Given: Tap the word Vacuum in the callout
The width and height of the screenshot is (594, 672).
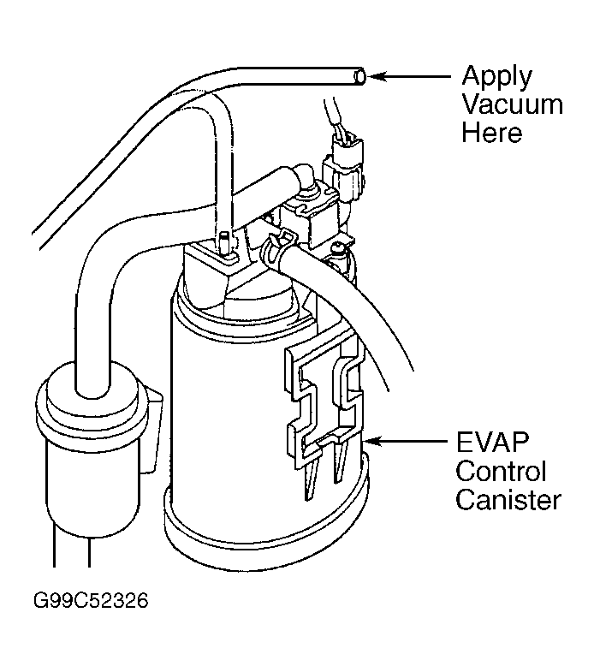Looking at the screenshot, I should click(513, 105).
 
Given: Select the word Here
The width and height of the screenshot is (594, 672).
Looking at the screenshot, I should click(492, 133).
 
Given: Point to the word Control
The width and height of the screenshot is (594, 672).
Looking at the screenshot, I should click(501, 473).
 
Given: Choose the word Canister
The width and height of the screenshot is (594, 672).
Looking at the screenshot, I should click(508, 500).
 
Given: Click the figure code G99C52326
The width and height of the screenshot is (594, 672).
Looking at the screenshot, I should click(92, 601).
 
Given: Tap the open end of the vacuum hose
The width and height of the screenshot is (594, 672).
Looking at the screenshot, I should click(361, 78).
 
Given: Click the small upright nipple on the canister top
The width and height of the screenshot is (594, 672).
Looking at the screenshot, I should click(224, 242).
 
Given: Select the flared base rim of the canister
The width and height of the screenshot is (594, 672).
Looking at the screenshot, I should click(265, 531).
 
